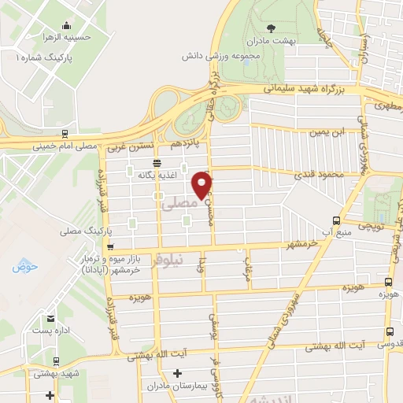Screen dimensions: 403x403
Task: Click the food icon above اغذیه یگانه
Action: click(157, 163)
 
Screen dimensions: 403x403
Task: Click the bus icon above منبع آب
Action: click(336, 220)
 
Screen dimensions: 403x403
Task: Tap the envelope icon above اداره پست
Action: click(51, 319)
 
